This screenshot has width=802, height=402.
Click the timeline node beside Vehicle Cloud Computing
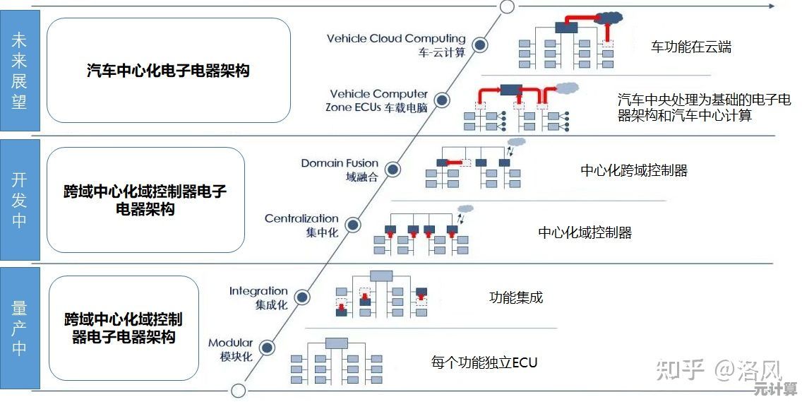[480, 45]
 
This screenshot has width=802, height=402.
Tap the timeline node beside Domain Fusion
[393, 169]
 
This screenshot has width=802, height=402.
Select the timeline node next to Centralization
[353, 225]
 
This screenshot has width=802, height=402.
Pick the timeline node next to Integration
[302, 297]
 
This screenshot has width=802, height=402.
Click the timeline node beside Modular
[266, 347]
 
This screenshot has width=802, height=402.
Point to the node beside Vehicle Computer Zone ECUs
[442, 100]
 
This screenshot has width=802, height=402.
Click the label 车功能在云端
[691, 47]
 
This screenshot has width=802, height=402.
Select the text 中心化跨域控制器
[634, 170]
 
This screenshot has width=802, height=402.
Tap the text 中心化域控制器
[585, 232]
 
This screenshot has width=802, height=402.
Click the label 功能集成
[516, 297]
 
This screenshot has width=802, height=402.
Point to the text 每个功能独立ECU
[484, 363]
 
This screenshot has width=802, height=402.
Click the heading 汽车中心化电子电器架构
[168, 71]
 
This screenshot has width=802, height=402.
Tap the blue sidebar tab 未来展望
[19, 71]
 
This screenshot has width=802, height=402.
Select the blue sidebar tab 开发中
[19, 199]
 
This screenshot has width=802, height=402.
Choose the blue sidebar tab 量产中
[19, 328]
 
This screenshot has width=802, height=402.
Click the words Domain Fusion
[340, 163]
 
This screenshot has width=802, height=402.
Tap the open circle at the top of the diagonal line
[507, 7]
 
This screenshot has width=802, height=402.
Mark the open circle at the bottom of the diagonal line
[239, 391]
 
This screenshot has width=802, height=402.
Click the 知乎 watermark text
[681, 368]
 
